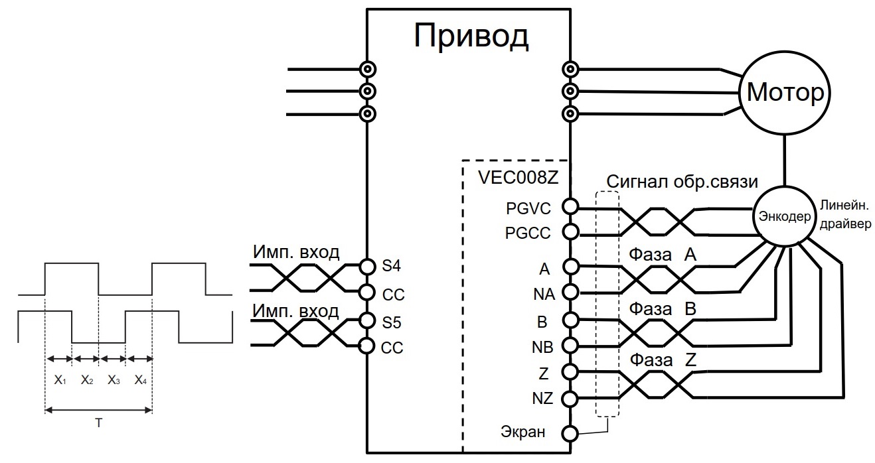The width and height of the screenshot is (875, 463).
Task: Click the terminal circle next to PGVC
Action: [x=569, y=206]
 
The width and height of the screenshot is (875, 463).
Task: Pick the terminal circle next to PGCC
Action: [x=569, y=232]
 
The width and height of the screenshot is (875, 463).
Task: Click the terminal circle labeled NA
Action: [x=569, y=292]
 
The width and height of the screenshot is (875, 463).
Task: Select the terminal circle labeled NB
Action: [x=569, y=345]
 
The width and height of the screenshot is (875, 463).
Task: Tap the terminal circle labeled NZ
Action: [x=569, y=398]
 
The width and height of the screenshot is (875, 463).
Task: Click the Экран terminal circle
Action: [x=569, y=433]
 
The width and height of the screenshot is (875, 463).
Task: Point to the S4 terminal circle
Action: [x=368, y=266]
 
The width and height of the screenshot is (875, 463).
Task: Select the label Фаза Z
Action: [x=664, y=360]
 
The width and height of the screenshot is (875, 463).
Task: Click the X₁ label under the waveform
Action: [x=59, y=380]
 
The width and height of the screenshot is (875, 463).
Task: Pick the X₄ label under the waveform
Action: [x=139, y=380]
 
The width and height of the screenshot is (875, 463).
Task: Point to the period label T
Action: [x=98, y=423]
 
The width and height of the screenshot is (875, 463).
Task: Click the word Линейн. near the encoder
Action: [x=842, y=205]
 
